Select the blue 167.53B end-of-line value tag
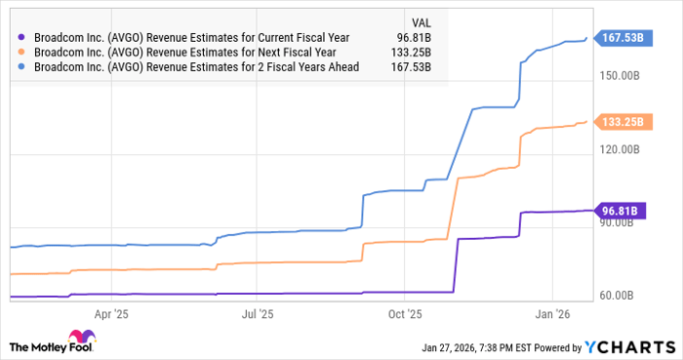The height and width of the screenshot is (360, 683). coord(620,38)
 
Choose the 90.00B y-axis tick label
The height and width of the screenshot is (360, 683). coord(620,222)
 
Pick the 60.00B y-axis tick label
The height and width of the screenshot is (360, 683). coord(620,296)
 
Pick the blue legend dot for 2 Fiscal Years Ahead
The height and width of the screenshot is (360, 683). coord(22,67)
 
